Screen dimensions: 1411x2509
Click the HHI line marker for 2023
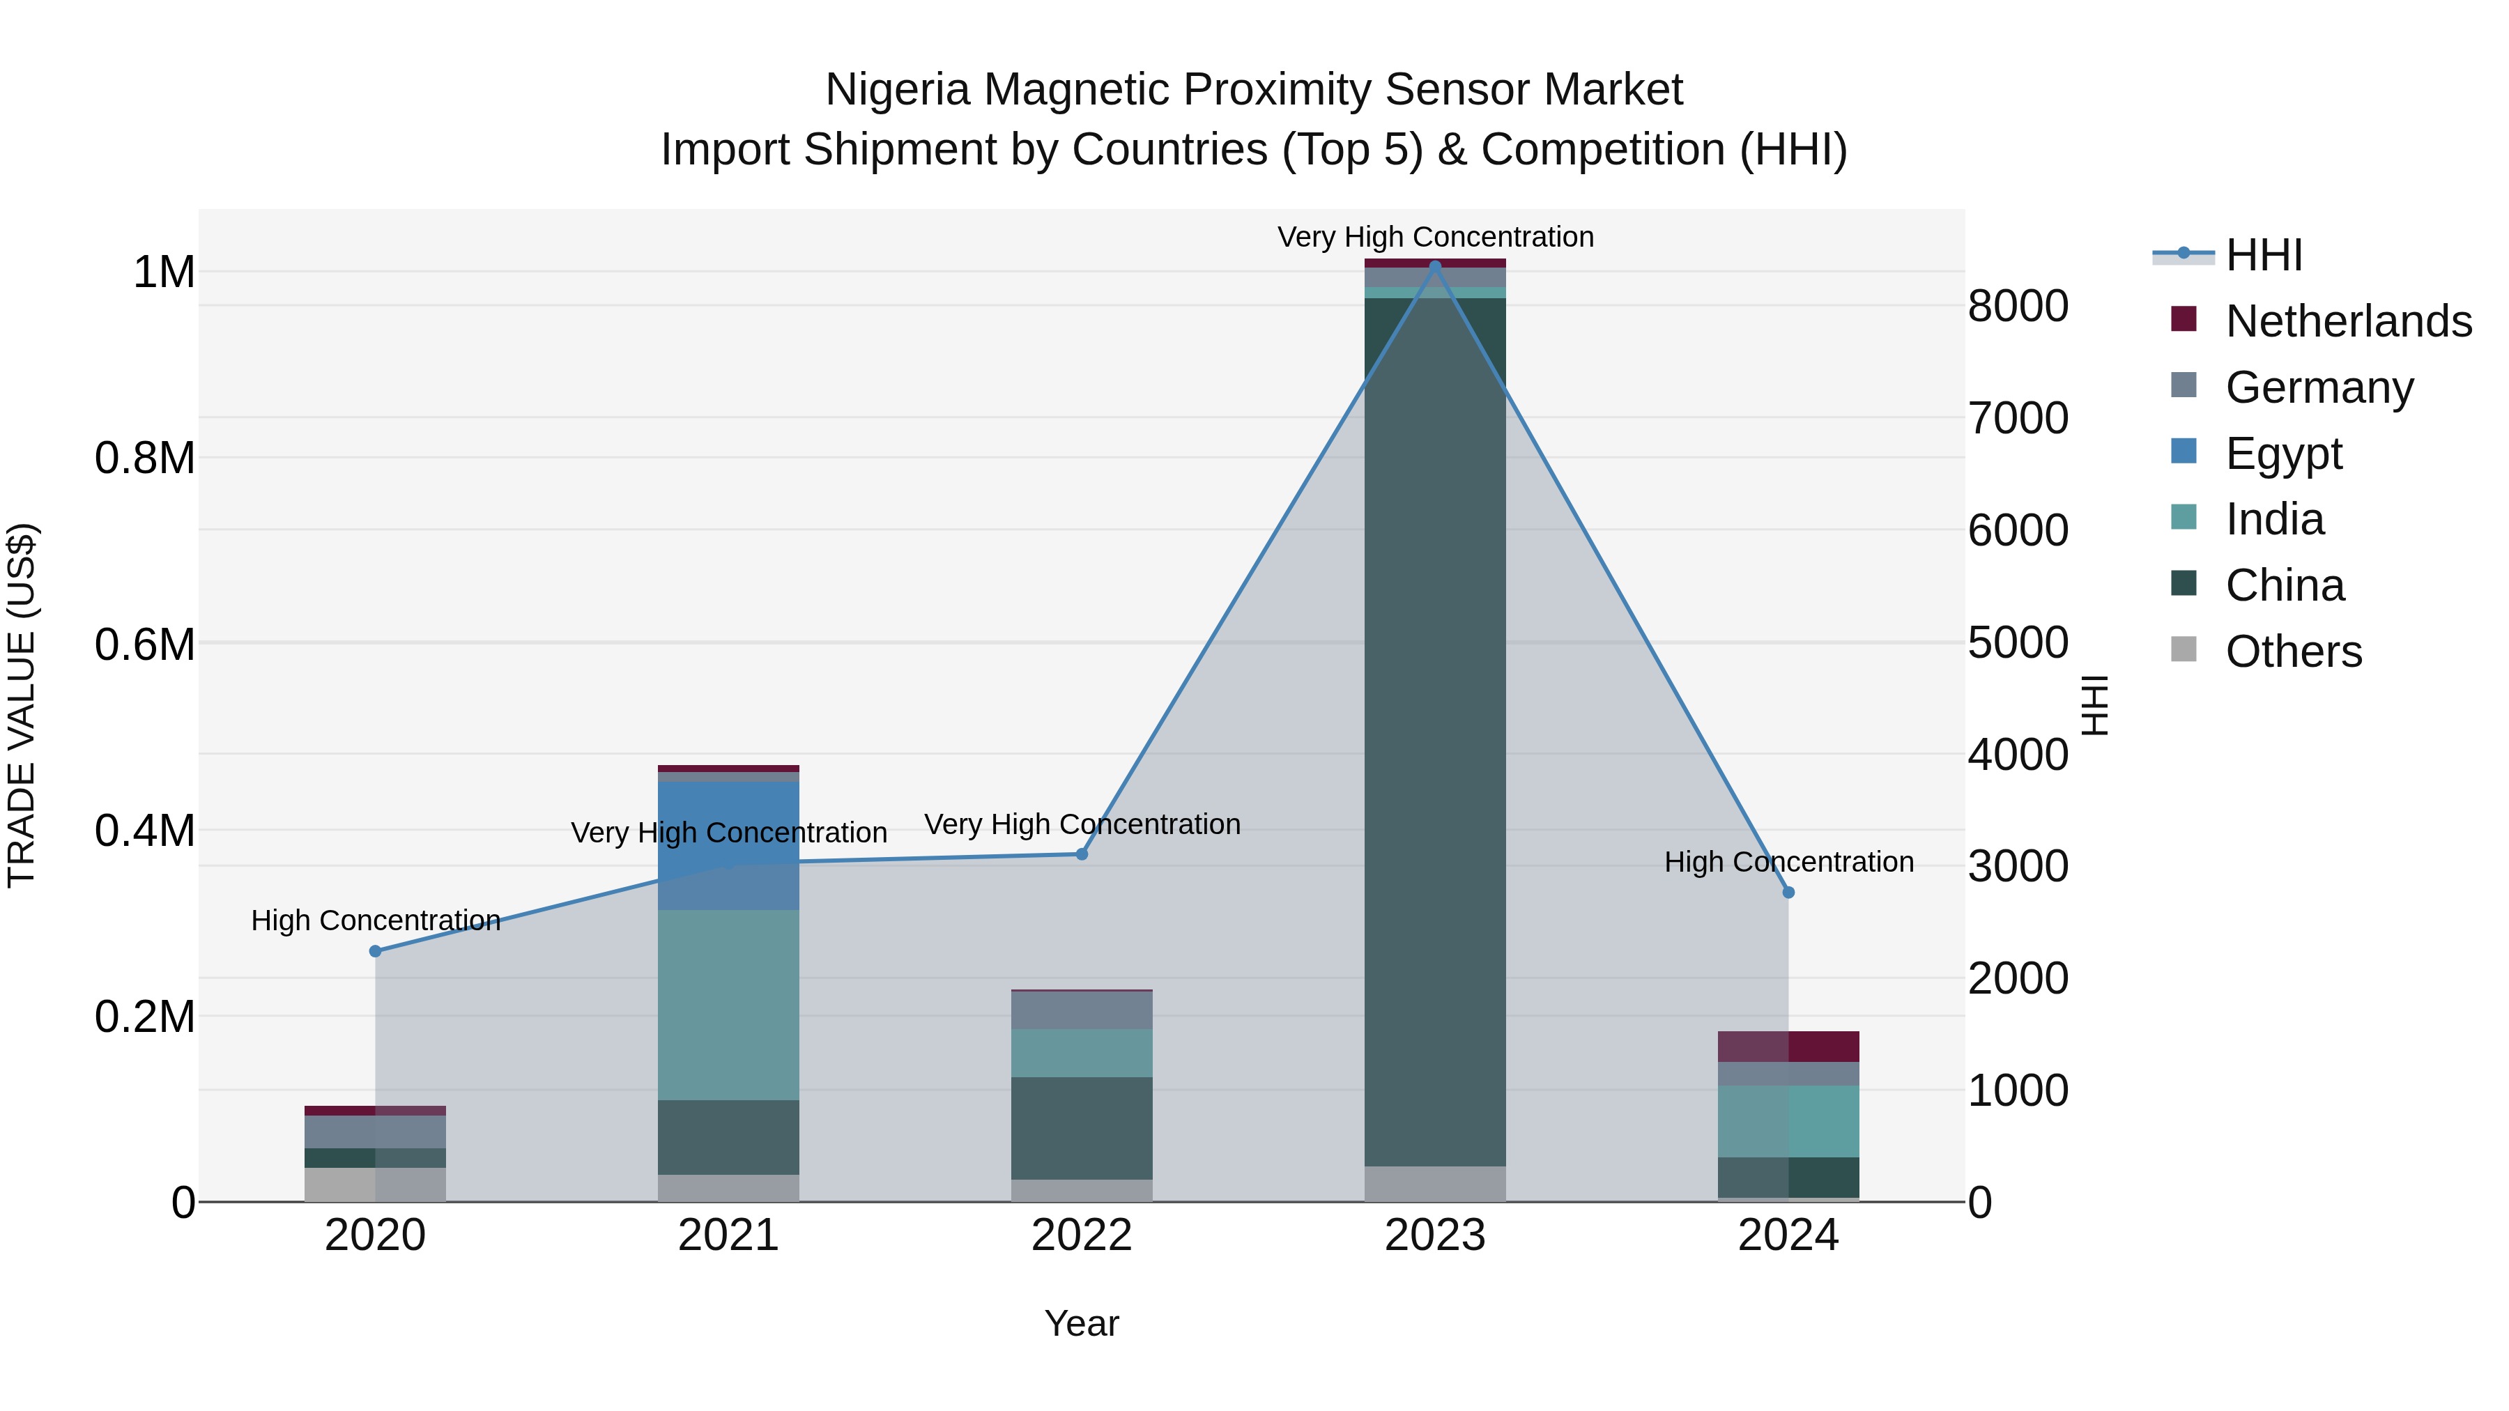coord(1435,266)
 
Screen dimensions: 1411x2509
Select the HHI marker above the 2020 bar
coord(375,951)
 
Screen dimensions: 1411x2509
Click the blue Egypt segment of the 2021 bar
coord(728,845)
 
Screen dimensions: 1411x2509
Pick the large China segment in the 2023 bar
coord(1435,730)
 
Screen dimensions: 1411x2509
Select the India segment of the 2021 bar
coord(728,1005)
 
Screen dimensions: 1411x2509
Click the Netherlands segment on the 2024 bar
coord(1788,1047)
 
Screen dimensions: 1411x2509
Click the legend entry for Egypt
coord(2283,454)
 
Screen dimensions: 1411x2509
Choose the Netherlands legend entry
coord(2347,321)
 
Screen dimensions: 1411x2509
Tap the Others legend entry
coord(2293,651)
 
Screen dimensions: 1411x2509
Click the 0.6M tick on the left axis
coord(144,645)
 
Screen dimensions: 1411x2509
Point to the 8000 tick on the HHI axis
coord(2018,307)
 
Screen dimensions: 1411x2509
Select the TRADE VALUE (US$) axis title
coord(22,705)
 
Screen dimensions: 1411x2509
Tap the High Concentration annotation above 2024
coord(1788,863)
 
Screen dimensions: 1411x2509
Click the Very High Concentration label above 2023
coord(1435,238)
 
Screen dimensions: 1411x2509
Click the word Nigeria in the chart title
coord(896,91)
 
